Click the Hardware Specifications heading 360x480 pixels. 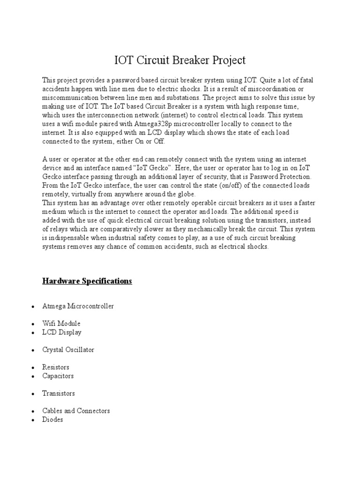click(87, 281)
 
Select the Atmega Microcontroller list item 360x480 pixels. click(78, 306)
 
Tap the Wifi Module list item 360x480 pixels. click(61, 323)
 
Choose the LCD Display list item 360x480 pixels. click(62, 332)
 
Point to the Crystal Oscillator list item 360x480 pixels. click(68, 350)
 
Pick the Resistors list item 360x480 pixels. click(56, 367)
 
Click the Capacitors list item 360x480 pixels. click(58, 376)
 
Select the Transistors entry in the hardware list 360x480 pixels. click(59, 393)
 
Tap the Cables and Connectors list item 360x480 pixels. click(76, 411)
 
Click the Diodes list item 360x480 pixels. click(52, 420)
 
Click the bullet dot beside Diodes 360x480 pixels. click(32, 420)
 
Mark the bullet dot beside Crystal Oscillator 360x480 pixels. click(32, 351)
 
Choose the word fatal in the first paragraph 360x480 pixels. click(305, 81)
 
